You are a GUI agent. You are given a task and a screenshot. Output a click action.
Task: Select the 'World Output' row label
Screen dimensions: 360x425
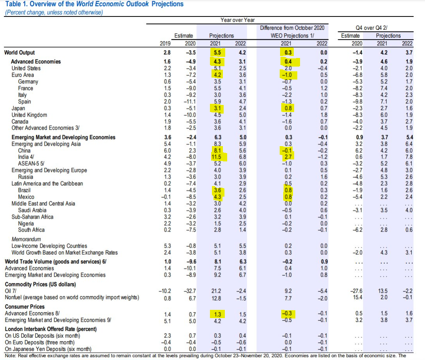click(x=19, y=52)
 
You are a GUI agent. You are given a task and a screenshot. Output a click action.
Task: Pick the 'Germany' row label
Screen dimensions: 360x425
click(x=28, y=81)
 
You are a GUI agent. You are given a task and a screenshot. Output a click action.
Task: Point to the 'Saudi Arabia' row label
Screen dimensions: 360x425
click(x=33, y=210)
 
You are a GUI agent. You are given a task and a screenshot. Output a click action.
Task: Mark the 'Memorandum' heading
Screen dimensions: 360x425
click(x=26, y=239)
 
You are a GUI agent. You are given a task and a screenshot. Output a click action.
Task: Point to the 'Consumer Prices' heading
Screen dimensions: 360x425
click(x=24, y=307)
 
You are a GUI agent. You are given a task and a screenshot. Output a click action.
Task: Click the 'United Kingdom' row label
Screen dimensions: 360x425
click(x=29, y=115)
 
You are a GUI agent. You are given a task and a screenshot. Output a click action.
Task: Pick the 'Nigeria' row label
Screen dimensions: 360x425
click(x=26, y=223)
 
